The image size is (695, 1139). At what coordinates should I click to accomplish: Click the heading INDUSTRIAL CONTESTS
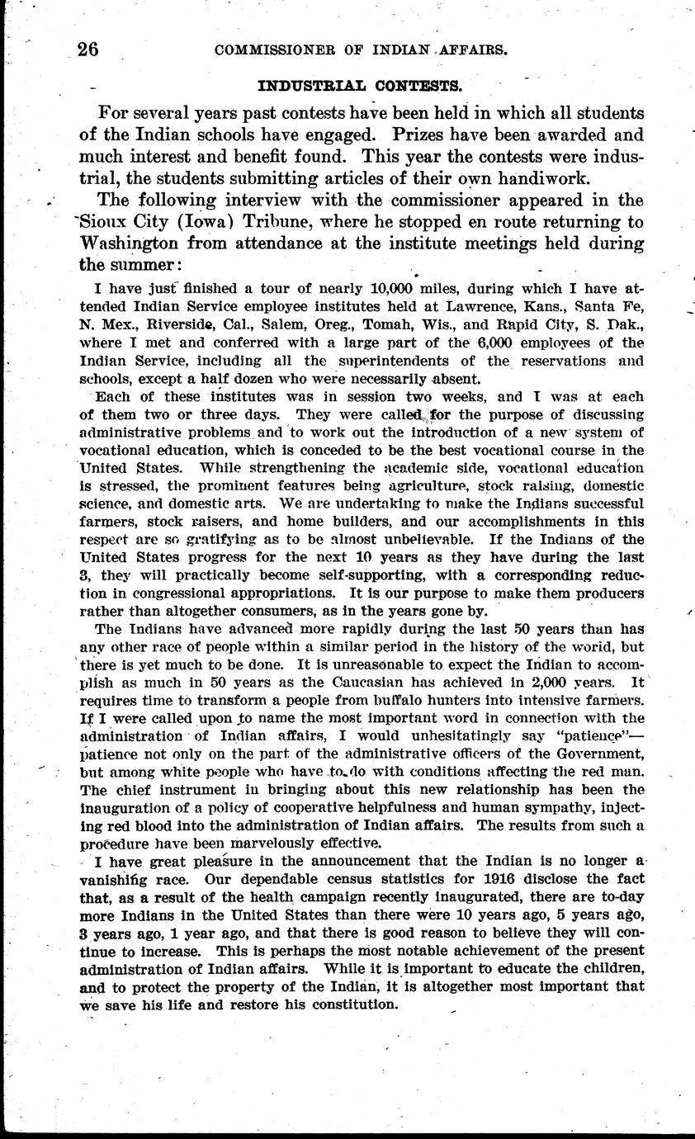pyautogui.click(x=360, y=85)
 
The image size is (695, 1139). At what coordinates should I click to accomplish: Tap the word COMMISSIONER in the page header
pyautogui.click(x=270, y=50)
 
